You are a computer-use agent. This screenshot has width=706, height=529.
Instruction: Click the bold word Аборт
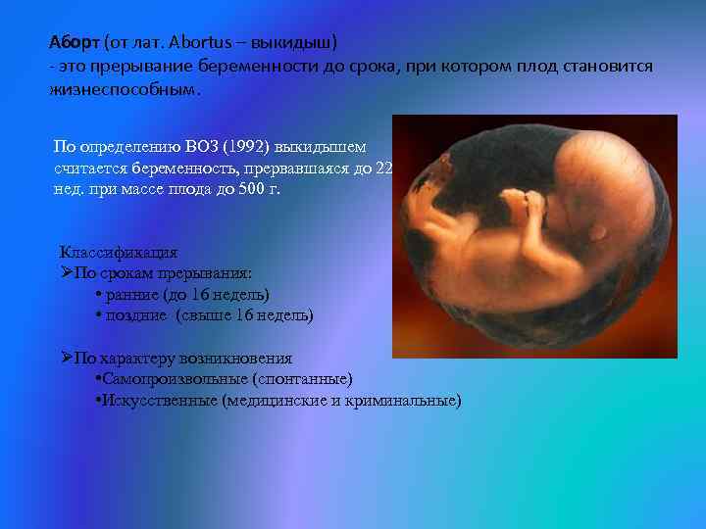(x=74, y=44)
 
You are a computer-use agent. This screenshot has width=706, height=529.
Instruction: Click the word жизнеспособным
(x=124, y=89)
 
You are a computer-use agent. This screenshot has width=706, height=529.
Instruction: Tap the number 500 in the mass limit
(x=242, y=188)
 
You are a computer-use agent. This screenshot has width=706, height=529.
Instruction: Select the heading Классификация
(x=119, y=253)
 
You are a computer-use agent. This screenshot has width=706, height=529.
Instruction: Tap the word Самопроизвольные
(x=173, y=379)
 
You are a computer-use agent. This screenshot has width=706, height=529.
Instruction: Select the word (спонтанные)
(x=303, y=379)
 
